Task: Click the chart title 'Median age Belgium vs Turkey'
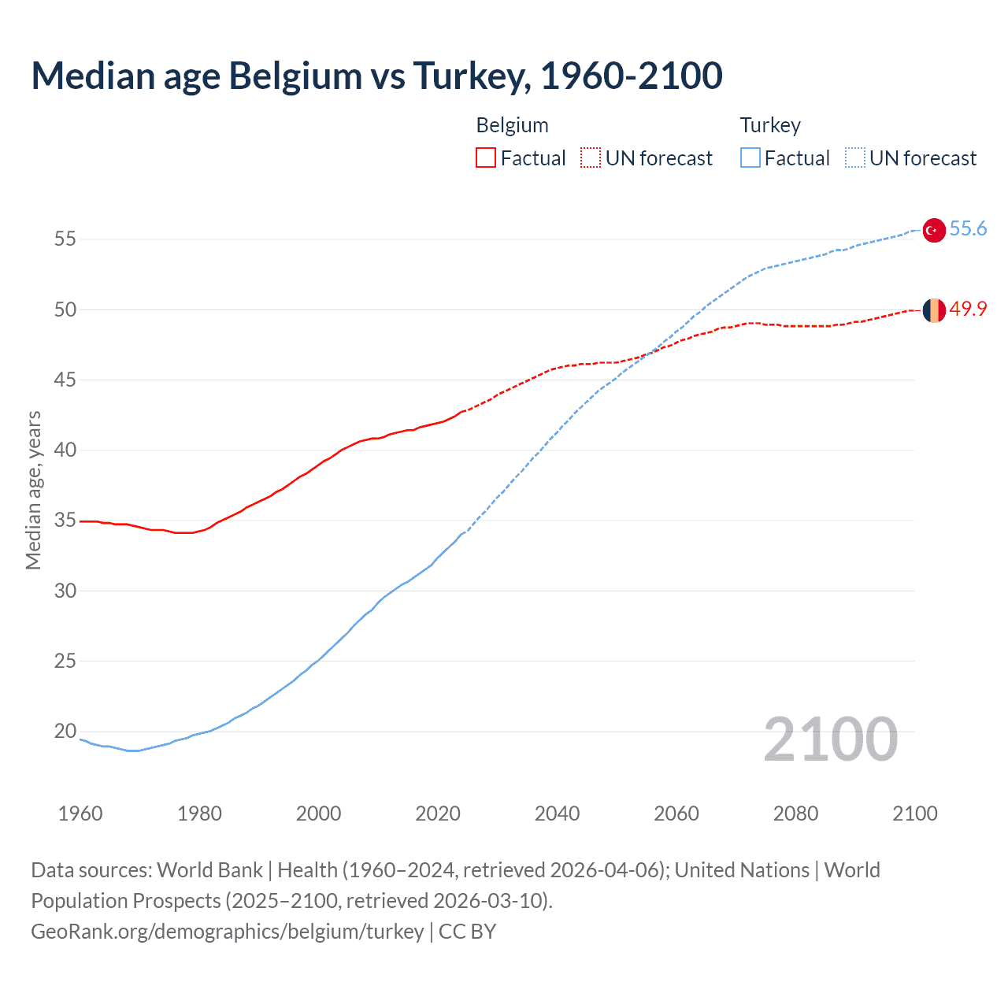point(376,76)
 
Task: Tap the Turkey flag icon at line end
point(933,230)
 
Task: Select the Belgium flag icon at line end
point(933,310)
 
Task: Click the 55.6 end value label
point(968,229)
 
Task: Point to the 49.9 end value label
point(968,309)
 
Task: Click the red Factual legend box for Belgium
point(486,158)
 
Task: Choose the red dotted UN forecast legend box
point(591,158)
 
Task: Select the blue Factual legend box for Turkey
point(750,158)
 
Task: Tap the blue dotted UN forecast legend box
point(855,158)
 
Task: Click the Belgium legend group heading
point(512,125)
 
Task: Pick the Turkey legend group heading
point(770,125)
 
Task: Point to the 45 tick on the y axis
point(65,380)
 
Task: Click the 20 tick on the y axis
point(65,732)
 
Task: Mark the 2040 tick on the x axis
point(557,813)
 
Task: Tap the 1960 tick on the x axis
point(80,813)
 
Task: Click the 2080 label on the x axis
point(795,813)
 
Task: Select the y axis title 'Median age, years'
point(33,490)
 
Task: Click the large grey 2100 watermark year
point(830,739)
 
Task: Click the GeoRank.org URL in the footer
point(228,932)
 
